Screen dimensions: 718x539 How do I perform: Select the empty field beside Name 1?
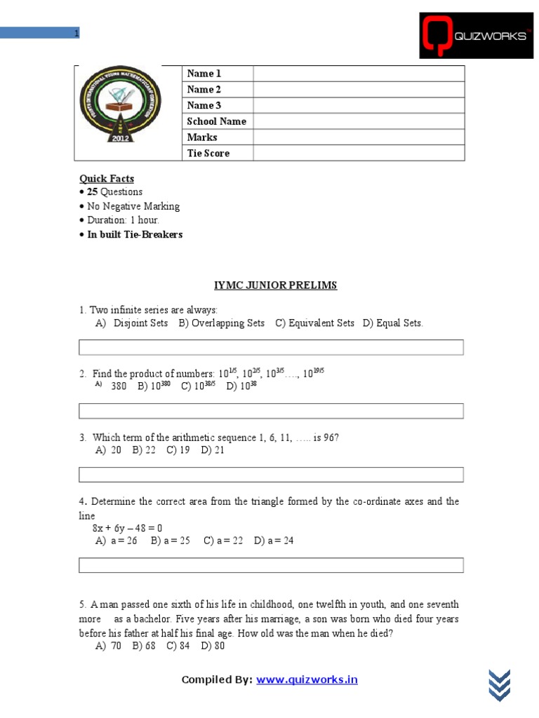coord(359,74)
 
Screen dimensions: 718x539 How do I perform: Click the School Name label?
coord(217,121)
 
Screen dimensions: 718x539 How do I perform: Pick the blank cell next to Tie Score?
coord(359,153)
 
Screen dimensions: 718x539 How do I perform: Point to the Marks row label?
coord(202,137)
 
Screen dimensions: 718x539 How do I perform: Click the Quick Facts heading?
coord(107,179)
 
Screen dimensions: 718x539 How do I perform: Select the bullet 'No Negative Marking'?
coord(133,206)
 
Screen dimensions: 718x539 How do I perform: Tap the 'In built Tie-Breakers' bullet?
coord(134,234)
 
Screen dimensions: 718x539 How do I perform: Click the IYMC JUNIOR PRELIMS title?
coord(275,285)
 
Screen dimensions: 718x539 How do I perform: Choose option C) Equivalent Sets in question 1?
coord(314,323)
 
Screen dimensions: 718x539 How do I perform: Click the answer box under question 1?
coord(271,347)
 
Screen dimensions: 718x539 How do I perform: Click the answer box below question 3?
coord(271,475)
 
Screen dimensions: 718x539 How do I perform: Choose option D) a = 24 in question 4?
coord(274,541)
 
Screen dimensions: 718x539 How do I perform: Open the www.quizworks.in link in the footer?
coord(307,679)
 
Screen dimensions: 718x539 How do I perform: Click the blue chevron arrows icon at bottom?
coord(499,684)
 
